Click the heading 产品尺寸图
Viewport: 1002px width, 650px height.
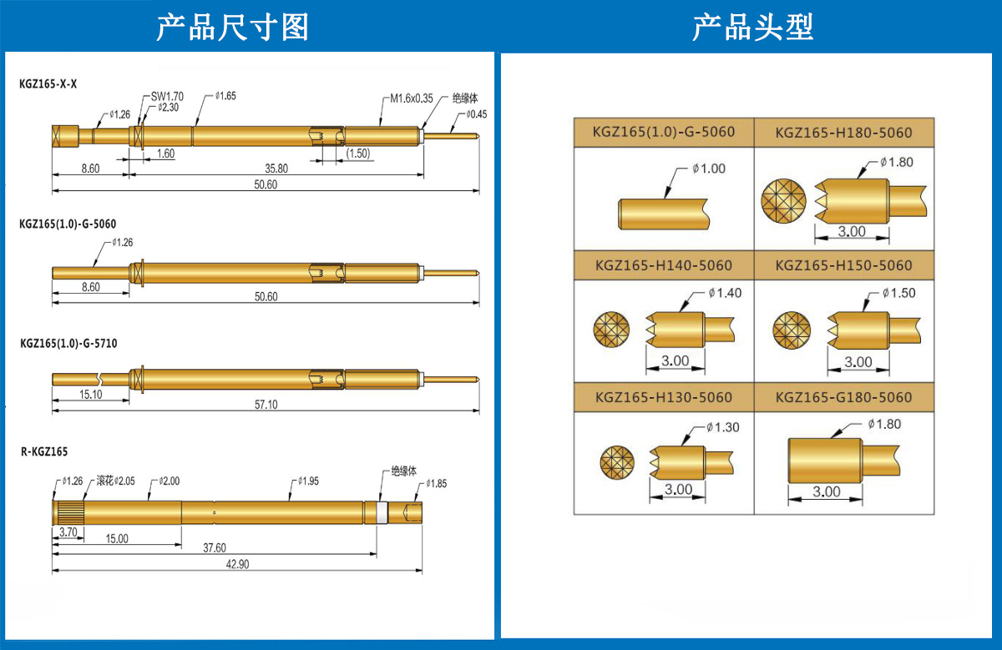233,28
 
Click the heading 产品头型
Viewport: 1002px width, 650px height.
752,28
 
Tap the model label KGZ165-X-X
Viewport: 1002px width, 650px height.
48,84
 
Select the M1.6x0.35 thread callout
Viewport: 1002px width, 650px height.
412,98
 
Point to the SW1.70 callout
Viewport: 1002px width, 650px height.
167,97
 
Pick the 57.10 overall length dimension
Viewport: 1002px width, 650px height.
266,404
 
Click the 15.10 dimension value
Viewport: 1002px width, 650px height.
90,395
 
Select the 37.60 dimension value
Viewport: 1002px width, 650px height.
215,547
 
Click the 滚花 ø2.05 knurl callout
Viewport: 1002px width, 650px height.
115,481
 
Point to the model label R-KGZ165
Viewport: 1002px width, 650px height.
44,451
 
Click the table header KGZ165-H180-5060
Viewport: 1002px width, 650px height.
843,133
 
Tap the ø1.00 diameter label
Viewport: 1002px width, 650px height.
709,169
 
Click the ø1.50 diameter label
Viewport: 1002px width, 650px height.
898,293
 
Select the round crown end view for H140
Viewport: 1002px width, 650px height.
610,328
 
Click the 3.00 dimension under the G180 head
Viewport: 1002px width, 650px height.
826,492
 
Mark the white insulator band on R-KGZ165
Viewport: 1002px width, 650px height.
382,511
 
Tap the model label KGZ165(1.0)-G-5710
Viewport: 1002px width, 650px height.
68,345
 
